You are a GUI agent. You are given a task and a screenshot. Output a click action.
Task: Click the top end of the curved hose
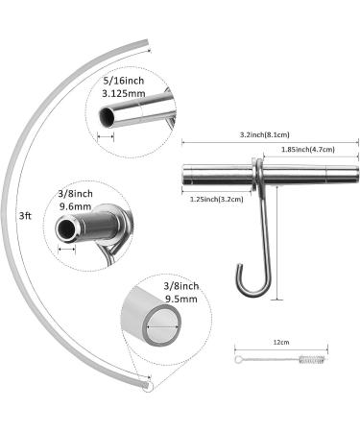pyautogui.click(x=146, y=43)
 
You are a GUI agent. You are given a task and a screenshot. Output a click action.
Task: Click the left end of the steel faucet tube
pyautogui.click(x=184, y=176)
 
